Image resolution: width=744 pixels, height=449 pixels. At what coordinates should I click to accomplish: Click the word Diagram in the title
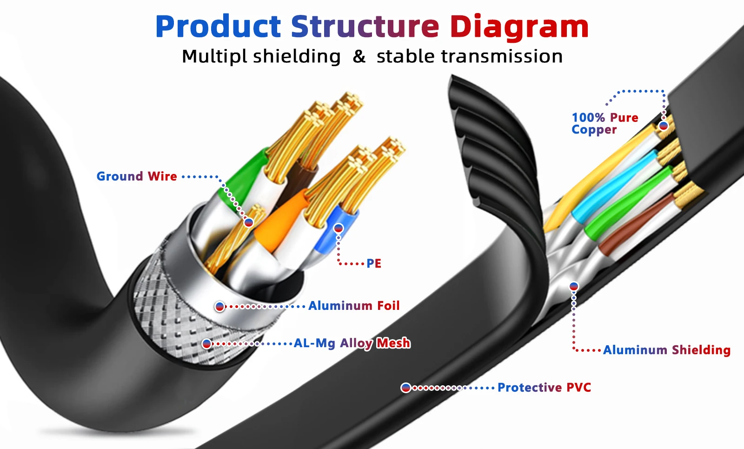pos(519,27)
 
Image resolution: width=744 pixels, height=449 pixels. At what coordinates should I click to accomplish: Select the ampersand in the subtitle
pos(359,57)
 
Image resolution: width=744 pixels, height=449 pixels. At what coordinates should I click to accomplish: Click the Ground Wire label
pos(137,176)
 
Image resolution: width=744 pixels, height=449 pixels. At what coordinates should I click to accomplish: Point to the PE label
pos(374,263)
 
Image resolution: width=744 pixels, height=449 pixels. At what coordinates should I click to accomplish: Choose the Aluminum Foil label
pos(354,306)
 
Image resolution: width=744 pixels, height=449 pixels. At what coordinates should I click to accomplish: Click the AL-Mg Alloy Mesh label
pos(352,343)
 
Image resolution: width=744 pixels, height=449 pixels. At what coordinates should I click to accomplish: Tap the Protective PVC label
pos(544,388)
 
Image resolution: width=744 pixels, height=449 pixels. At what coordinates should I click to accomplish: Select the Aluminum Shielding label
pos(667,350)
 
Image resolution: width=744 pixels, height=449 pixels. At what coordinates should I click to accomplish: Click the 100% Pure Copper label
pos(604,123)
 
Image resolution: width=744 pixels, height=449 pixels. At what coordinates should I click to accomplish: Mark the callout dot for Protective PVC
pos(406,388)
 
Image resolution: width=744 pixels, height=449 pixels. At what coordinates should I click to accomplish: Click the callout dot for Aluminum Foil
pos(219,307)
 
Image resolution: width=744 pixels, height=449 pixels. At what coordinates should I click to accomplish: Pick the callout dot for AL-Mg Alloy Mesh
pos(207,344)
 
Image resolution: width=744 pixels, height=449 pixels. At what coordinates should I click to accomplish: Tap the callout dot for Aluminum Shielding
pos(574,286)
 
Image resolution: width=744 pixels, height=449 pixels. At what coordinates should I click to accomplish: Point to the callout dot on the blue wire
pos(339,228)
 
